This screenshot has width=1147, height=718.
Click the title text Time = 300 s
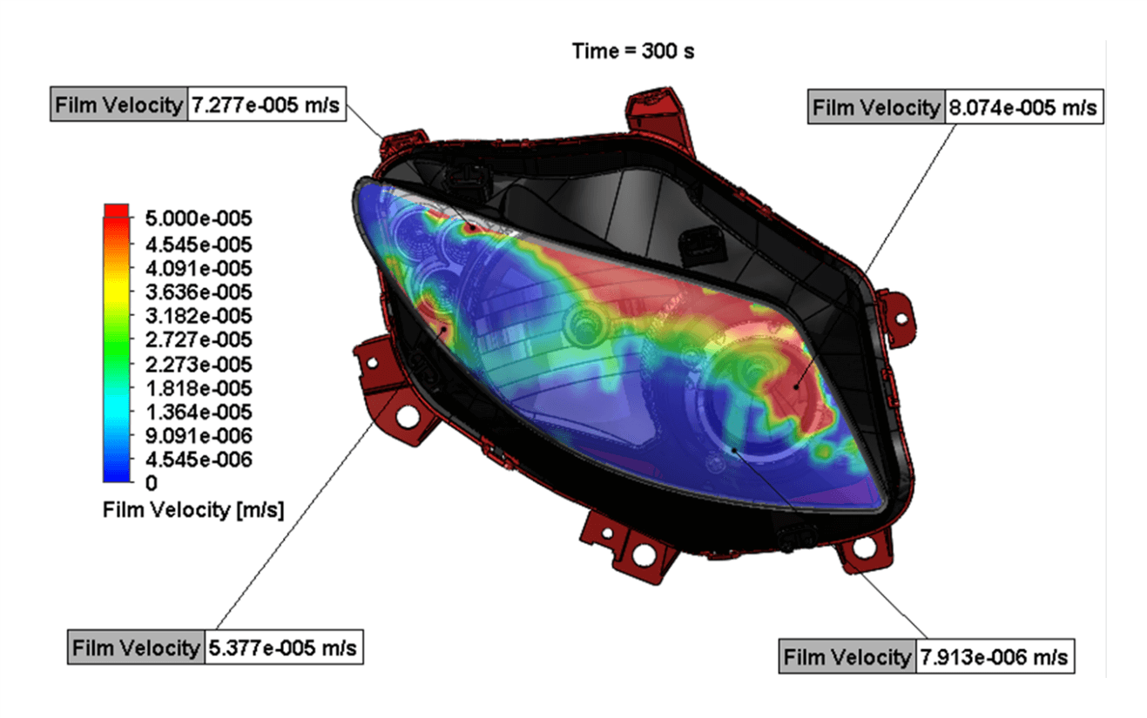(633, 51)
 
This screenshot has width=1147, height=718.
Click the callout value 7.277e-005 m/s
(266, 105)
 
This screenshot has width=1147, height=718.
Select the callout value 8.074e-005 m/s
(1023, 107)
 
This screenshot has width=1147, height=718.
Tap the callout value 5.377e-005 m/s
(283, 648)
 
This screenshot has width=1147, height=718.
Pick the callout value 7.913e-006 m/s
(995, 657)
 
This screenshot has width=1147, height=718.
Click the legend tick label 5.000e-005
(199, 218)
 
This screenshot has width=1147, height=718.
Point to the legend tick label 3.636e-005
(199, 292)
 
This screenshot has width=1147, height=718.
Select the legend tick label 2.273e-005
(199, 365)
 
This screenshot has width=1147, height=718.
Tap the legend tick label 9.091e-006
(199, 436)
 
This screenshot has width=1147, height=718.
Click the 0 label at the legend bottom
(152, 483)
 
